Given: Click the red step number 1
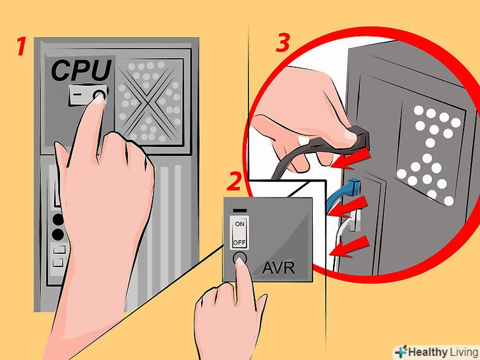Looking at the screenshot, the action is [x=21, y=46].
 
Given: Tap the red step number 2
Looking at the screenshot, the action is [x=235, y=181].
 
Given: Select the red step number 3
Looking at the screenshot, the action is [x=283, y=43].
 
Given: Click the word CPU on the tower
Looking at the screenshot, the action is [x=82, y=71].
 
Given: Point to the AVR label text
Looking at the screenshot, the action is [x=278, y=268].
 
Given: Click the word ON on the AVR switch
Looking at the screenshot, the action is [x=240, y=224].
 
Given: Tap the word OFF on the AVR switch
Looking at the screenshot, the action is [x=239, y=243].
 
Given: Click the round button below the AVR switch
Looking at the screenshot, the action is [x=240, y=258].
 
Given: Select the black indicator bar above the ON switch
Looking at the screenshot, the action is [x=240, y=210].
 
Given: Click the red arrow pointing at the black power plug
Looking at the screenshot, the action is [x=351, y=158].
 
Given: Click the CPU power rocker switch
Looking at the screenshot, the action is [x=88, y=94].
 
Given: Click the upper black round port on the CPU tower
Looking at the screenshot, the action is [x=58, y=219].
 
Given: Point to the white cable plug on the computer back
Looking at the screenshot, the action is [x=353, y=220].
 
